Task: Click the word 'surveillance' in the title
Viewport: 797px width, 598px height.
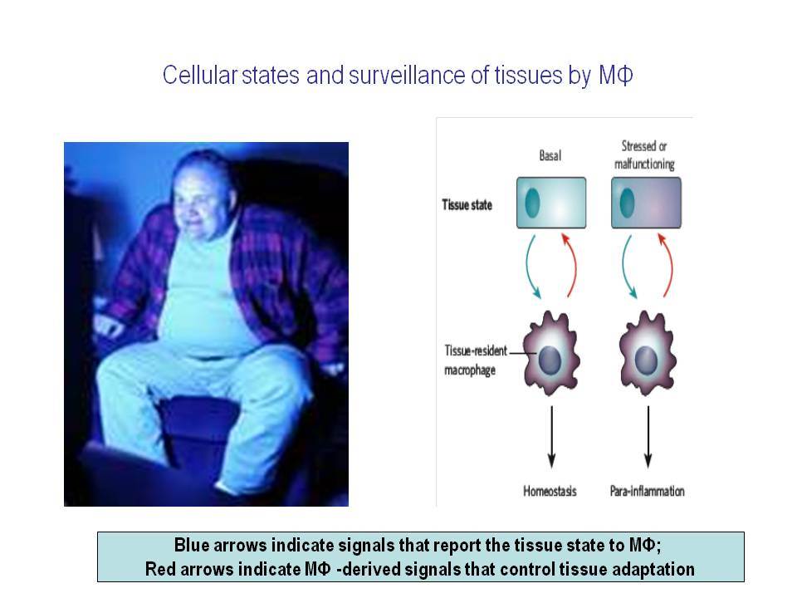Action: coord(406,75)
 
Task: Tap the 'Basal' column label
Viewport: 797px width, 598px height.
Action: coord(550,155)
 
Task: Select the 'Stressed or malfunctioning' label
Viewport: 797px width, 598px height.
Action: coord(644,154)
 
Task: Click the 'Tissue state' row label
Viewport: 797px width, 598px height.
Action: coord(467,205)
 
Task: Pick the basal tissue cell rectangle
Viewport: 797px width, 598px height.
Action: coord(551,203)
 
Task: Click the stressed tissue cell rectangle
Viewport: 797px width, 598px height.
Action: coord(646,203)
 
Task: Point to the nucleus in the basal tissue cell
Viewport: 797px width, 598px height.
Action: coord(531,203)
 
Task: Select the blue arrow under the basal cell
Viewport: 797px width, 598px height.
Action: coord(528,267)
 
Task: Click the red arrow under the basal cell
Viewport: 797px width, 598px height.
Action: coord(574,264)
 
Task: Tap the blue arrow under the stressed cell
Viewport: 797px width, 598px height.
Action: coord(624,267)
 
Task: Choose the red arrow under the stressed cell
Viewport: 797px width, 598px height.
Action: coord(670,264)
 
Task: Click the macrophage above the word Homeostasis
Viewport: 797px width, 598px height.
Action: coord(551,354)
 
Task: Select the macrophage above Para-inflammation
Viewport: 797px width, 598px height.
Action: coord(647,354)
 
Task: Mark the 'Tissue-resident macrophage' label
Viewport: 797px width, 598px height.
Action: coord(475,360)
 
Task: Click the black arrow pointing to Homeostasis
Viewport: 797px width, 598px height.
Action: coord(551,437)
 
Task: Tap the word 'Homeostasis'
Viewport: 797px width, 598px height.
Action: coord(550,491)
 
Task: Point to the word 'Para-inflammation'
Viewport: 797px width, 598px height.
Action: coord(647,491)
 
